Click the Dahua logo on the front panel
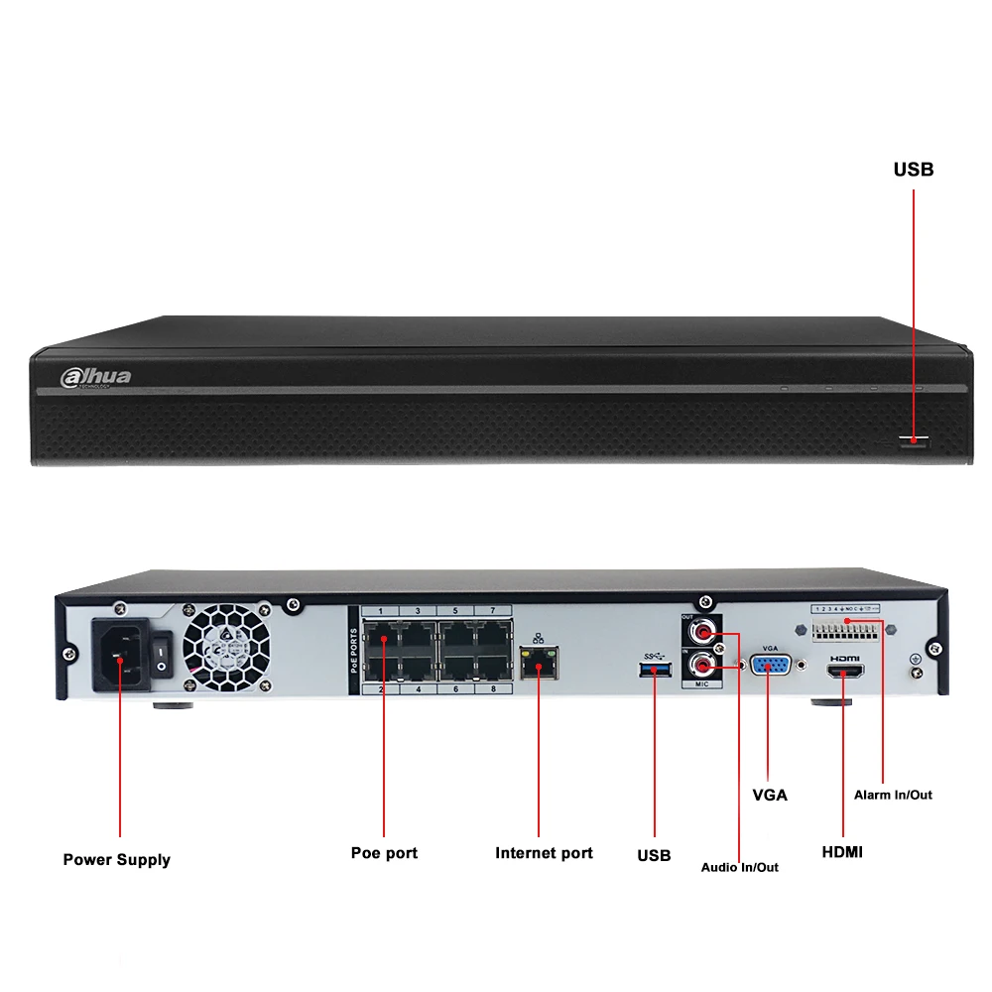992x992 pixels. [x=96, y=377]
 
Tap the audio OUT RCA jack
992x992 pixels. [x=705, y=630]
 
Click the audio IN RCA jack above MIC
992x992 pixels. [x=705, y=665]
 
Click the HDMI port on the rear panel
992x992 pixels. [x=843, y=673]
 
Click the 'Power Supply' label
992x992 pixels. [x=116, y=860]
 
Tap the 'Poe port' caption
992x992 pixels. [x=384, y=853]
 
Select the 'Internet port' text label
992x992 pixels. [x=544, y=853]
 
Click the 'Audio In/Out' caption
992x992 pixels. [x=739, y=867]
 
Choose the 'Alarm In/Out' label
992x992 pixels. [x=893, y=795]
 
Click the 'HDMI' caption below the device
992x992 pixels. [x=842, y=852]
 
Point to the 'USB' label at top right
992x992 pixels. [x=913, y=170]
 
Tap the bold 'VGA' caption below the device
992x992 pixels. [x=769, y=795]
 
